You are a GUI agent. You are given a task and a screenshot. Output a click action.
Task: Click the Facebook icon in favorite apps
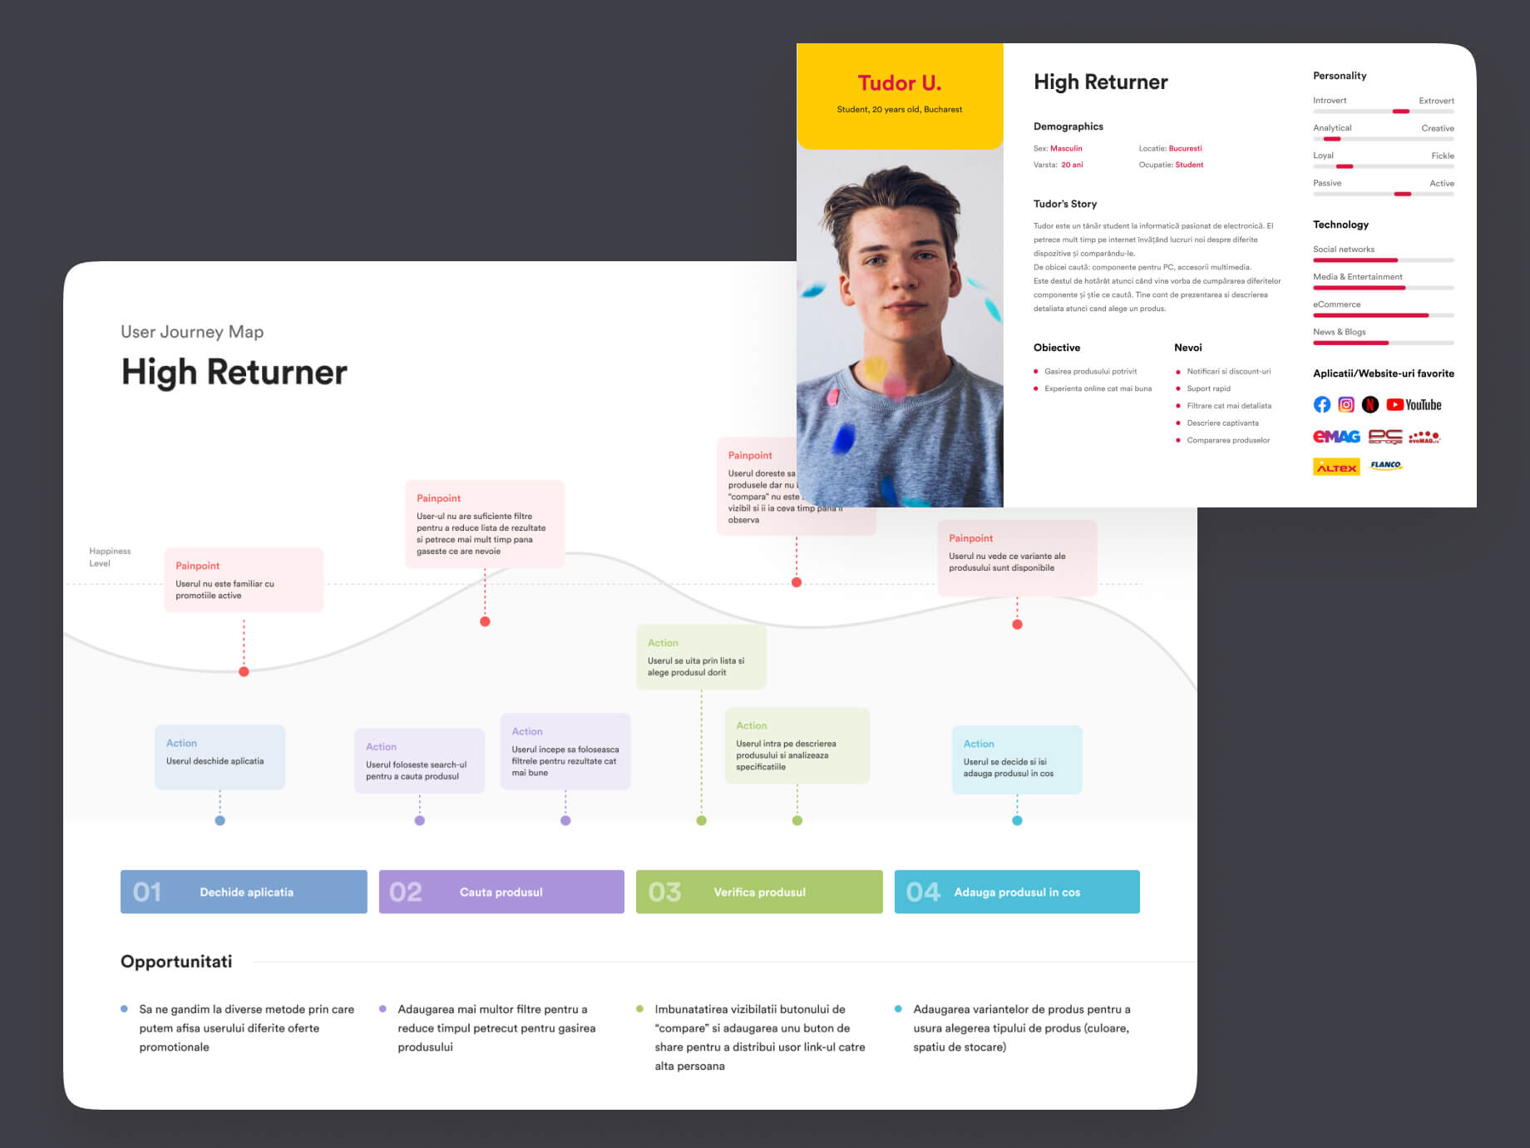[x=1321, y=405]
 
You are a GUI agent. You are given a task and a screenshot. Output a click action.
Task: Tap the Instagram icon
[x=1346, y=405]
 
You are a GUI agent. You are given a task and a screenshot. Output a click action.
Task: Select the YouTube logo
[x=1414, y=405]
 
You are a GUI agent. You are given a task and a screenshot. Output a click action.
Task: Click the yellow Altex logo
[x=1336, y=467]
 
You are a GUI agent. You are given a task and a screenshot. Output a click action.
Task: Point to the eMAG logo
[x=1336, y=437]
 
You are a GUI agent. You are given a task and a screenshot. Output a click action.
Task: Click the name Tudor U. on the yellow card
[x=899, y=83]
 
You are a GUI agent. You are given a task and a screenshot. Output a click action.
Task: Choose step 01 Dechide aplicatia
[x=244, y=892]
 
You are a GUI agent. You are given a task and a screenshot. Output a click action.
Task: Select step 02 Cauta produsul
[x=501, y=892]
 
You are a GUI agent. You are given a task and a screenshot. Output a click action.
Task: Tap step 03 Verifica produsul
[x=759, y=892]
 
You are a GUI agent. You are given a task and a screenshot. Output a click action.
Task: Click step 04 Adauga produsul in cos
[x=1017, y=892]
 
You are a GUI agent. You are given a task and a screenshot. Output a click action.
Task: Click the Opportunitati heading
[x=176, y=962]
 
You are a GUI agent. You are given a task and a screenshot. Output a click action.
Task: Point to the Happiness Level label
[x=109, y=557]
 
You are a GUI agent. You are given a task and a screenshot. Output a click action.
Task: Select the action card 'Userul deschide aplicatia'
[x=220, y=757]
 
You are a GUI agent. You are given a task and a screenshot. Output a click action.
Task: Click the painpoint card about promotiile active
[x=244, y=580]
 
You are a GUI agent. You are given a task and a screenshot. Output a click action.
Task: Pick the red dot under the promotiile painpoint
[x=244, y=671]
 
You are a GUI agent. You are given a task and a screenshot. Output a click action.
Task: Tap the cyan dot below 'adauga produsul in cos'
[x=1017, y=820]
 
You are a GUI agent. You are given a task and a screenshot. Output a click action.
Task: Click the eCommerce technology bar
[x=1383, y=315]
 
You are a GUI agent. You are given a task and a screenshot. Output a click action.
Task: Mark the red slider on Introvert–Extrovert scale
[x=1401, y=111]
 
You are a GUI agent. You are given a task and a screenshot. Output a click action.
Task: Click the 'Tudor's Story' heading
[x=1065, y=204]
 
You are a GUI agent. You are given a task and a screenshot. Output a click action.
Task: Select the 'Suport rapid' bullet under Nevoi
[x=1208, y=388]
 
